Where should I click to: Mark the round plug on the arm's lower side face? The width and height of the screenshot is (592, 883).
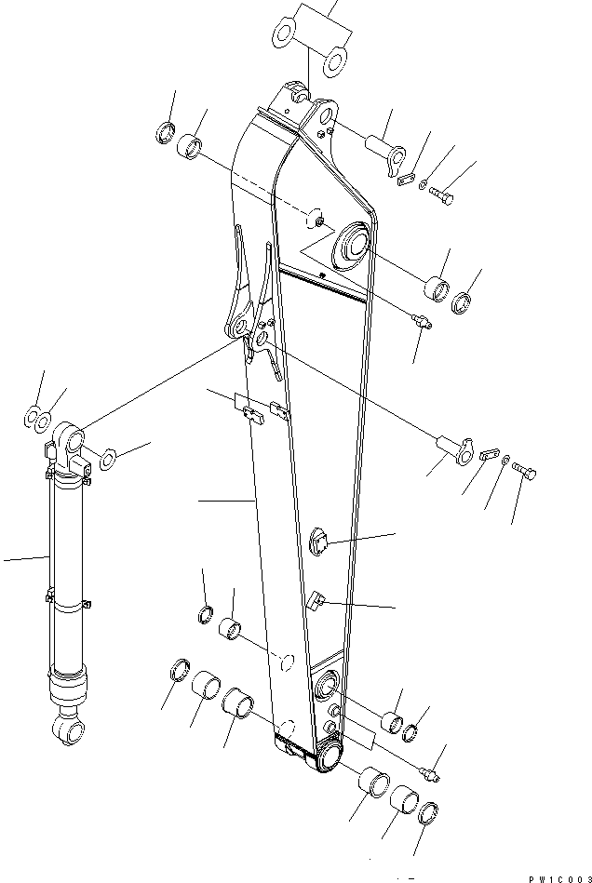pyautogui.click(x=319, y=543)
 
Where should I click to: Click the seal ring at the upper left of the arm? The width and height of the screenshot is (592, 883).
pyautogui.click(x=165, y=132)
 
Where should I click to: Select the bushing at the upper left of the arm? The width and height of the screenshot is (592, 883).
pyautogui.click(x=193, y=145)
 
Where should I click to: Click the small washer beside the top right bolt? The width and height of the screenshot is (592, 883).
pyautogui.click(x=424, y=185)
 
